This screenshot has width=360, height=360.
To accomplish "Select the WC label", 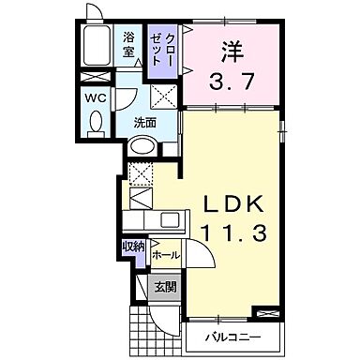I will pyautogui.click(x=95, y=97).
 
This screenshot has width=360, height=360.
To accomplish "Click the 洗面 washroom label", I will pyautogui.click(x=142, y=123).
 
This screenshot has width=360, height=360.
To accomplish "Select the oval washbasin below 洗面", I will pyautogui.click(x=142, y=146).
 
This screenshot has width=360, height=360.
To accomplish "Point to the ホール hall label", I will pyautogui.click(x=163, y=253).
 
